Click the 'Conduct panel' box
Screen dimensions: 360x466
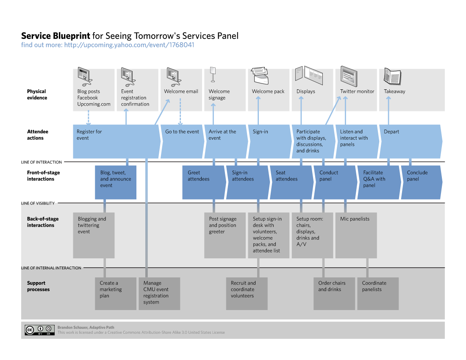tap(334, 182)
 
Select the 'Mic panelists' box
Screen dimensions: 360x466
tap(355, 235)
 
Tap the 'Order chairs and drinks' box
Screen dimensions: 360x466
tap(334, 294)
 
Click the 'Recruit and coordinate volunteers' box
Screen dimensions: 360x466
tap(247, 294)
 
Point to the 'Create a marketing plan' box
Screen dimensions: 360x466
tap(115, 294)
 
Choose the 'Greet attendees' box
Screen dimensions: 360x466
tap(203, 182)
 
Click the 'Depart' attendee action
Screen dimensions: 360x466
tap(409, 141)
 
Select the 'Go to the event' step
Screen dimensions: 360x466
tap(181, 141)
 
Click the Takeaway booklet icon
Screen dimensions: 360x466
tap(392, 76)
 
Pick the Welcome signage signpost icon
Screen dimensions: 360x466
tap(213, 75)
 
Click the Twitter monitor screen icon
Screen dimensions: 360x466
tap(349, 76)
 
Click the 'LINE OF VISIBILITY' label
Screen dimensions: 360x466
tap(38, 203)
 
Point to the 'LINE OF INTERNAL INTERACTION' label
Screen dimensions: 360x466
tap(51, 268)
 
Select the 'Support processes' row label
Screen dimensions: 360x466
tap(38, 286)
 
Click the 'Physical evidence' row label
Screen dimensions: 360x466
tap(37, 94)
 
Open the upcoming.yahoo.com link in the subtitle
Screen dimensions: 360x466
tap(129, 44)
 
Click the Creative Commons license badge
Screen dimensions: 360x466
tap(39, 330)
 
